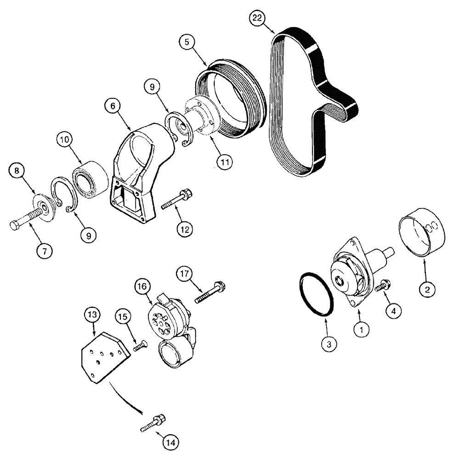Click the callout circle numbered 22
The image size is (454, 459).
258,20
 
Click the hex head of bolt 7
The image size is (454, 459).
15,224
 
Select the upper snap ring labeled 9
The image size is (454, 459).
177,125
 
